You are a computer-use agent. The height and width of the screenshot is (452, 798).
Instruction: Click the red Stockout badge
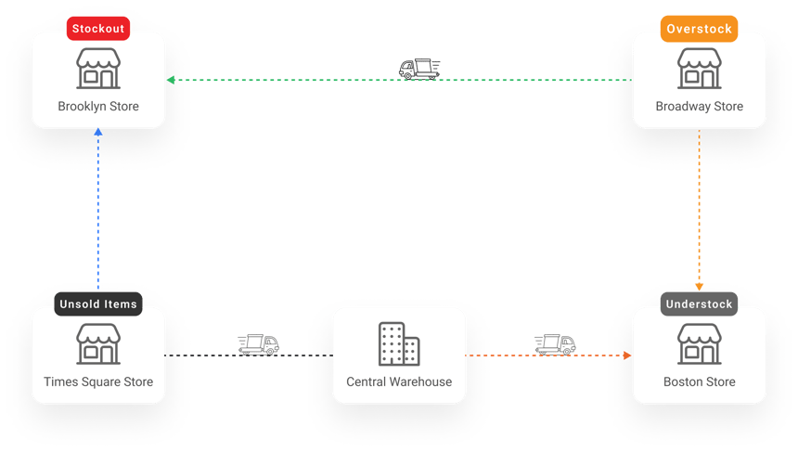[97, 28]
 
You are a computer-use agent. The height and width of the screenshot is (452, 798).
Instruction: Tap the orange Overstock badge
[699, 28]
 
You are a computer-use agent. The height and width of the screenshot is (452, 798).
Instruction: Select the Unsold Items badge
[97, 303]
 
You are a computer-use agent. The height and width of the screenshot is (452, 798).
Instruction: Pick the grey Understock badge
[699, 303]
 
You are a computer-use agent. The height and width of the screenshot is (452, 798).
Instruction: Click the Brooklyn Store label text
[98, 107]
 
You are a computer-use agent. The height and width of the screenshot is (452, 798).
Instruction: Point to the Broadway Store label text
[700, 107]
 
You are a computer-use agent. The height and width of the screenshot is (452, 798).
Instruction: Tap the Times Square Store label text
[98, 381]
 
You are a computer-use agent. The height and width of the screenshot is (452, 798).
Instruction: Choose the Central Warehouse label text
[399, 381]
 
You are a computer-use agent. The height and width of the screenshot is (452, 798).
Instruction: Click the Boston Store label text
[700, 381]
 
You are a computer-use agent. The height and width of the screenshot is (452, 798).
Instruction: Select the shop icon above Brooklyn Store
[98, 70]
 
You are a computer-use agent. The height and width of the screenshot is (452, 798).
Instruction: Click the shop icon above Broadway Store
[700, 70]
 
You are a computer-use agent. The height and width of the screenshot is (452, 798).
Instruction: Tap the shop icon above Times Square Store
[98, 344]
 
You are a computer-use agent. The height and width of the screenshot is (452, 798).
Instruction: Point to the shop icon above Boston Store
[700, 344]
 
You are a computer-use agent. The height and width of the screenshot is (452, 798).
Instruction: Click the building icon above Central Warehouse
[399, 344]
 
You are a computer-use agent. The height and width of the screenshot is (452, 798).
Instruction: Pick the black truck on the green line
[419, 69]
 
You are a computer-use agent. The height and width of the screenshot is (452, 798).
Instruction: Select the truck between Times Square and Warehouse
[259, 345]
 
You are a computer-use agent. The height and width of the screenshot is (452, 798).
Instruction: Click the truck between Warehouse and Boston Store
[555, 345]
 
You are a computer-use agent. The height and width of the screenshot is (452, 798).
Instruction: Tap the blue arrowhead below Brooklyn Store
[98, 133]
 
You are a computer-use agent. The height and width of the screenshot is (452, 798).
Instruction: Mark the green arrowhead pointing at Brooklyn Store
[171, 81]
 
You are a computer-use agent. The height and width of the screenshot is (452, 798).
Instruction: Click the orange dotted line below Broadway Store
[700, 204]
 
